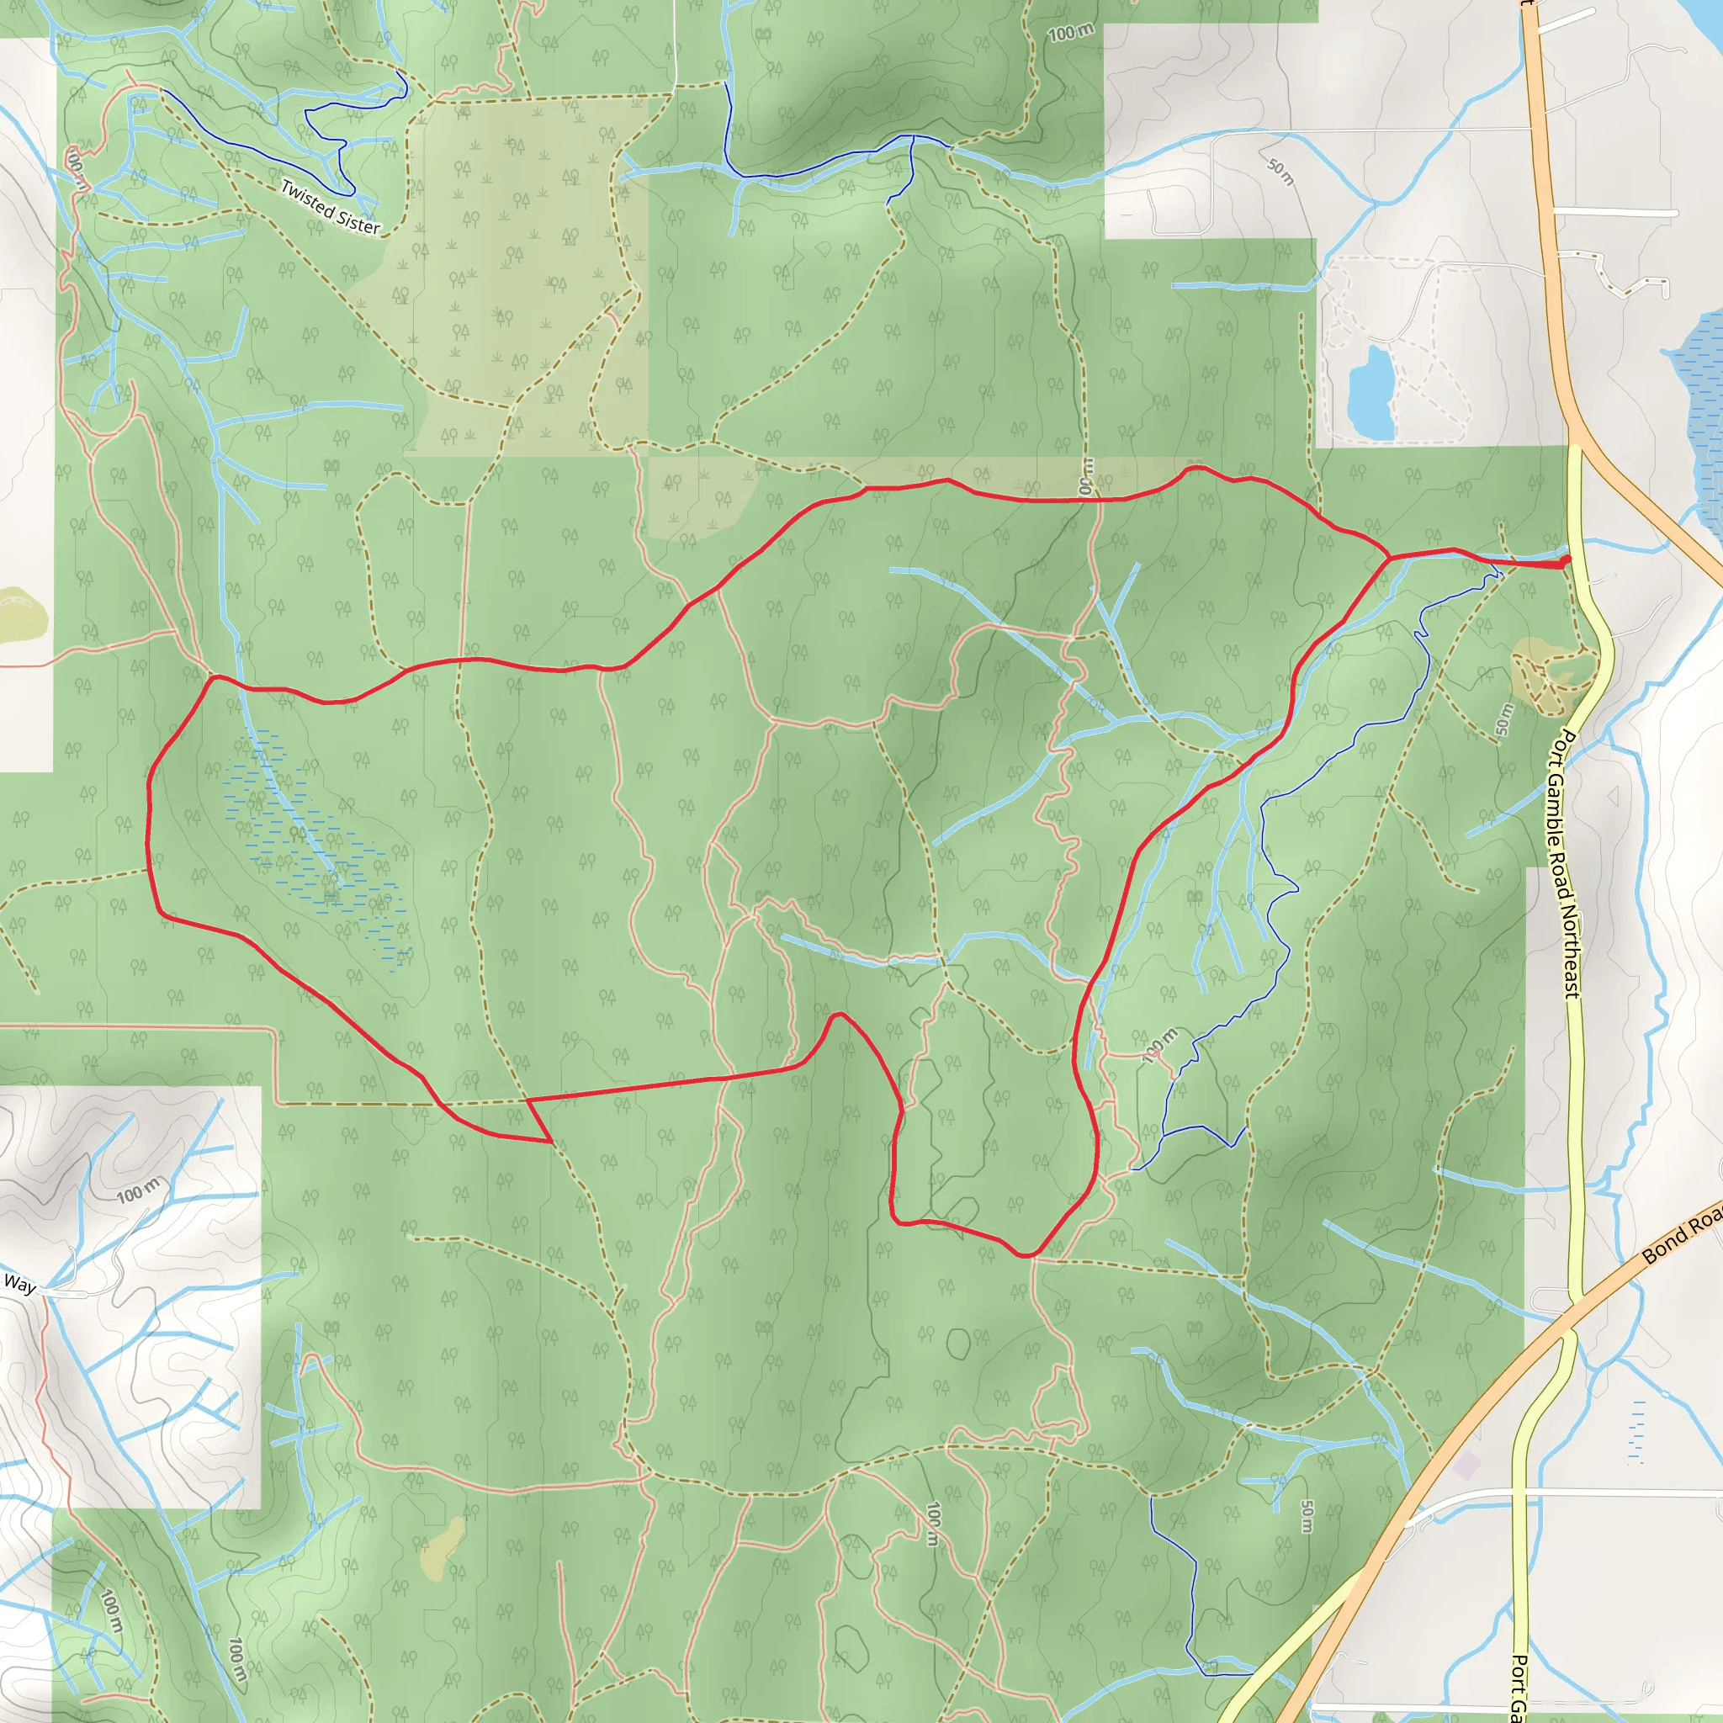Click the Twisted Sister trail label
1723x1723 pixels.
tap(330, 207)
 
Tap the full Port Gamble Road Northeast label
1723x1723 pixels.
tap(1567, 863)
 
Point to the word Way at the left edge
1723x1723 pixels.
tap(19, 1284)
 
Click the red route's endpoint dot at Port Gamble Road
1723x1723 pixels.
tap(1567, 560)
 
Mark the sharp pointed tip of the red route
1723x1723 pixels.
tap(550, 1142)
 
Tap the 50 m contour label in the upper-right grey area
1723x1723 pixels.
tap(1280, 172)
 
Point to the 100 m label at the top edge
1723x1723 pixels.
tap(1070, 33)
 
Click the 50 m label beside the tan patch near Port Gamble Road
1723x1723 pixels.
tap(1504, 718)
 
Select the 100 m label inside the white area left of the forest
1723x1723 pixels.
tap(139, 1190)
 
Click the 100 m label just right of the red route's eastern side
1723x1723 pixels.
tap(1159, 1044)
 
